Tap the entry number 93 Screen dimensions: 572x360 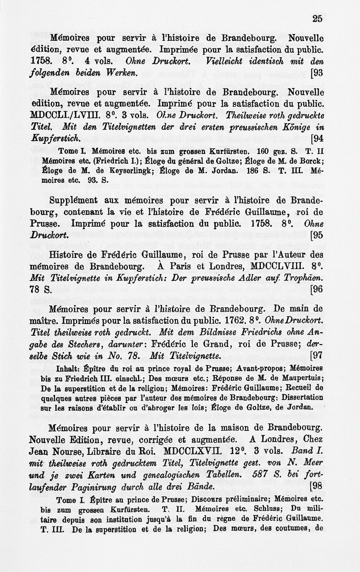click(x=317, y=74)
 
